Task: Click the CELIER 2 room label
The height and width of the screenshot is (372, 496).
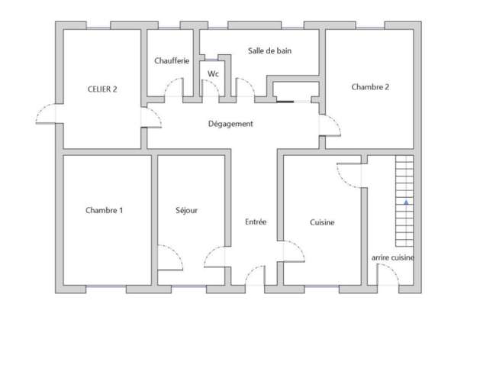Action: [102, 89]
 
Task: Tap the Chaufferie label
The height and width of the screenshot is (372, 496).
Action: [172, 61]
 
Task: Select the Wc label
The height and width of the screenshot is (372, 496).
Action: [213, 74]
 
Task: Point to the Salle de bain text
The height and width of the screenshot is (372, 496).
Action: [269, 50]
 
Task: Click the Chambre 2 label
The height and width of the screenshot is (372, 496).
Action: [370, 87]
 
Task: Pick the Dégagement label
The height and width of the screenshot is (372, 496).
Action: [230, 124]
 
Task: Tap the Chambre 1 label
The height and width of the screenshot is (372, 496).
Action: [104, 210]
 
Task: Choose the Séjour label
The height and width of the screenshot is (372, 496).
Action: [186, 211]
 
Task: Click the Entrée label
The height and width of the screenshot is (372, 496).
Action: [256, 222]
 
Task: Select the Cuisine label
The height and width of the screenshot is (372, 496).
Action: [322, 222]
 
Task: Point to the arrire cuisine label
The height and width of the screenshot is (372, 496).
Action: [392, 257]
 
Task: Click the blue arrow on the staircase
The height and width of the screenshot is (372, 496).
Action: [406, 202]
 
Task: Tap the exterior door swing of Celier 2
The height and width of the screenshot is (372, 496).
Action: [46, 114]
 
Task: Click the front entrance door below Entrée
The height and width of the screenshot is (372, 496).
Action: [255, 275]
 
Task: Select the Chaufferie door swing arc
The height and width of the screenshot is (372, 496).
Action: [174, 87]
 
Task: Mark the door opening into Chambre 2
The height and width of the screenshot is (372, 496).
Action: [330, 126]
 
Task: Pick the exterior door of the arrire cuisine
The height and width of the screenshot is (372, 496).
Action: [388, 274]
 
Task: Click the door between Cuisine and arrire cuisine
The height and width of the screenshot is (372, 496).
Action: [349, 176]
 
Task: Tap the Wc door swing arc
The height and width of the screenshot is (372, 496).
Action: [210, 88]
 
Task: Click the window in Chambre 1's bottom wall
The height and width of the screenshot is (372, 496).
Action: [106, 286]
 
